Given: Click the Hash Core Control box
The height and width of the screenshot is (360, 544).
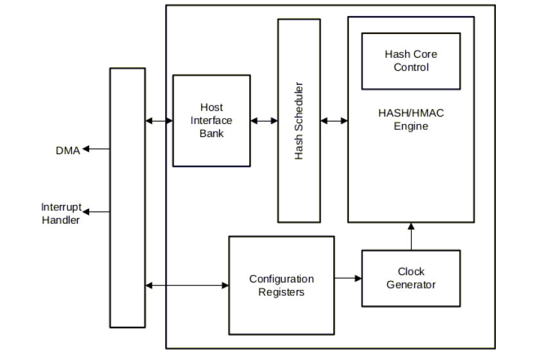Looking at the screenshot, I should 410,60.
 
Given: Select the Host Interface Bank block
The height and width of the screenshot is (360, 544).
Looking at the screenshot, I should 211,120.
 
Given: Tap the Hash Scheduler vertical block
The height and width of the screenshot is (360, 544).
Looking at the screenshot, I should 299,120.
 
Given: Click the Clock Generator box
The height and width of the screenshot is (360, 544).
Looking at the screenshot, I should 410,278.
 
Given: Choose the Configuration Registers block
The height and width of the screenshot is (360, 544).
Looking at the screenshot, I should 281,285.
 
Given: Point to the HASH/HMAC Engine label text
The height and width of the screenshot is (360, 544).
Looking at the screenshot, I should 410,120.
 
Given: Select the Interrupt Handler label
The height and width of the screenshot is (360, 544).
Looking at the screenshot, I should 61,213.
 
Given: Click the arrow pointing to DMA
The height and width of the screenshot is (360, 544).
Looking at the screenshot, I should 96,149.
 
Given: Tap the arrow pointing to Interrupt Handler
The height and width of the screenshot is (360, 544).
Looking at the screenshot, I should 96,212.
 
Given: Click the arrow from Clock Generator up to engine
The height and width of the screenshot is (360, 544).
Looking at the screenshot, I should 410,236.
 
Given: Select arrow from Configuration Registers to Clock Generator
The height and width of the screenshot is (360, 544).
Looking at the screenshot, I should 347,278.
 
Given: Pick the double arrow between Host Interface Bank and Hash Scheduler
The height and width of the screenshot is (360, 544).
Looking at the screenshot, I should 263,120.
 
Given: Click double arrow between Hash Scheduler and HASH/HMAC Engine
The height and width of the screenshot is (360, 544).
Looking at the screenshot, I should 333,120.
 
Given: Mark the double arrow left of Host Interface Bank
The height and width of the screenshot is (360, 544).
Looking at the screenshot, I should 159,120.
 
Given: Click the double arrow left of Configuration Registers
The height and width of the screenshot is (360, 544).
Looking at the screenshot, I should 187,285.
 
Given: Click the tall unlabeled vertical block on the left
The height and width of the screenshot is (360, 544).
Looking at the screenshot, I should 127,197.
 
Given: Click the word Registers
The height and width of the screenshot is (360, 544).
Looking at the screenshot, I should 281,292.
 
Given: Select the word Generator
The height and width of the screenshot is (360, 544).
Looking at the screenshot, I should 410,285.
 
